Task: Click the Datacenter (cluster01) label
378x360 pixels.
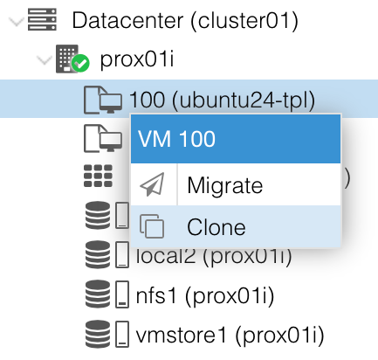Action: (x=185, y=20)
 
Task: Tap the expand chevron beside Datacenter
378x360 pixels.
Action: (x=16, y=21)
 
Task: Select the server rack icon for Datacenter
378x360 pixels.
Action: (x=42, y=19)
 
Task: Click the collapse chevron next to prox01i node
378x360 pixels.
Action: (x=44, y=60)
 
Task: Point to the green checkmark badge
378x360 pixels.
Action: (x=80, y=63)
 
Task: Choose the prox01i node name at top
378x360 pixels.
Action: (x=137, y=59)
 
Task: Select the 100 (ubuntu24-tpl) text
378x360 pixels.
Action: (x=222, y=100)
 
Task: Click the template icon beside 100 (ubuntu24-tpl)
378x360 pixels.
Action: (x=103, y=100)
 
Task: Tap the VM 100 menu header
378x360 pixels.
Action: (x=236, y=139)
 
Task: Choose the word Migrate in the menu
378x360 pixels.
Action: (x=225, y=185)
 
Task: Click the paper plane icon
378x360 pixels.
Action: (x=152, y=184)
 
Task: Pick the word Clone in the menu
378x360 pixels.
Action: (x=216, y=227)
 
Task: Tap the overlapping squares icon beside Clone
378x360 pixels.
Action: (x=152, y=226)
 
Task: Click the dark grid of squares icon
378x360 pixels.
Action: (x=98, y=176)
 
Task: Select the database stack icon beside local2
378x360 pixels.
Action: (x=98, y=254)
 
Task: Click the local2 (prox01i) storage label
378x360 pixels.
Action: (x=214, y=256)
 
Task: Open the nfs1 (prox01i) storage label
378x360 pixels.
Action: (x=205, y=296)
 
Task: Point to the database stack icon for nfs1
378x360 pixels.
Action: (x=98, y=294)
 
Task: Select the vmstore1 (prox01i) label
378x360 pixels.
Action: (x=230, y=336)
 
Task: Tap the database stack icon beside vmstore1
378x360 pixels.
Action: (x=98, y=334)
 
